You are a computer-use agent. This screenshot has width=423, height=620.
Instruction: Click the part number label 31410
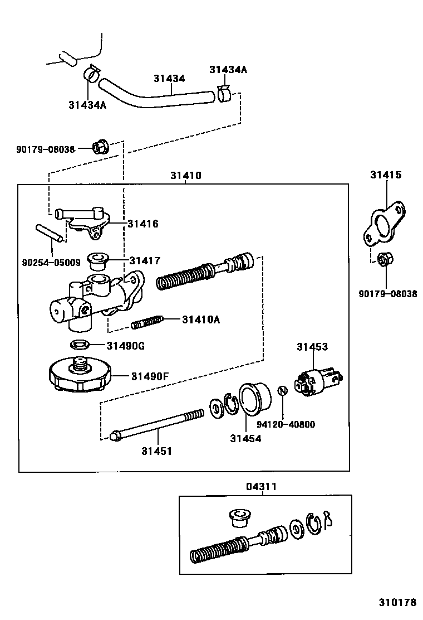click(185, 176)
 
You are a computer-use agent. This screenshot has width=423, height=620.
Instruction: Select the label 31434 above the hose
click(169, 79)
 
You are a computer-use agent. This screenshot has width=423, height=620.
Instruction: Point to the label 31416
click(143, 224)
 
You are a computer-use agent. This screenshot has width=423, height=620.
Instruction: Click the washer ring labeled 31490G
click(80, 345)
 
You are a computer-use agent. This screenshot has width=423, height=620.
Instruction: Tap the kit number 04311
click(261, 487)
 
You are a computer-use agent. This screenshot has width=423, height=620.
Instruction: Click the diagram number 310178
click(398, 603)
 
